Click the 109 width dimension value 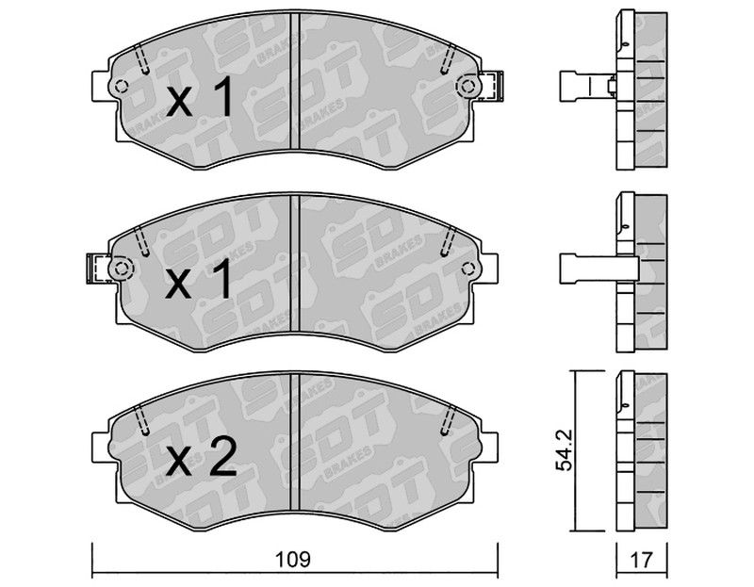pos(293,559)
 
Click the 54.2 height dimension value pos(564,450)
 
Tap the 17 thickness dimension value pos(642,560)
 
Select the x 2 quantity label pos(201,458)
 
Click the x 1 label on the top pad pos(200,98)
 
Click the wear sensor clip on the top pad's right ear pos(491,86)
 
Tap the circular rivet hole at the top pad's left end pos(122,87)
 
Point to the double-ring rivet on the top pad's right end pos(467,87)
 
